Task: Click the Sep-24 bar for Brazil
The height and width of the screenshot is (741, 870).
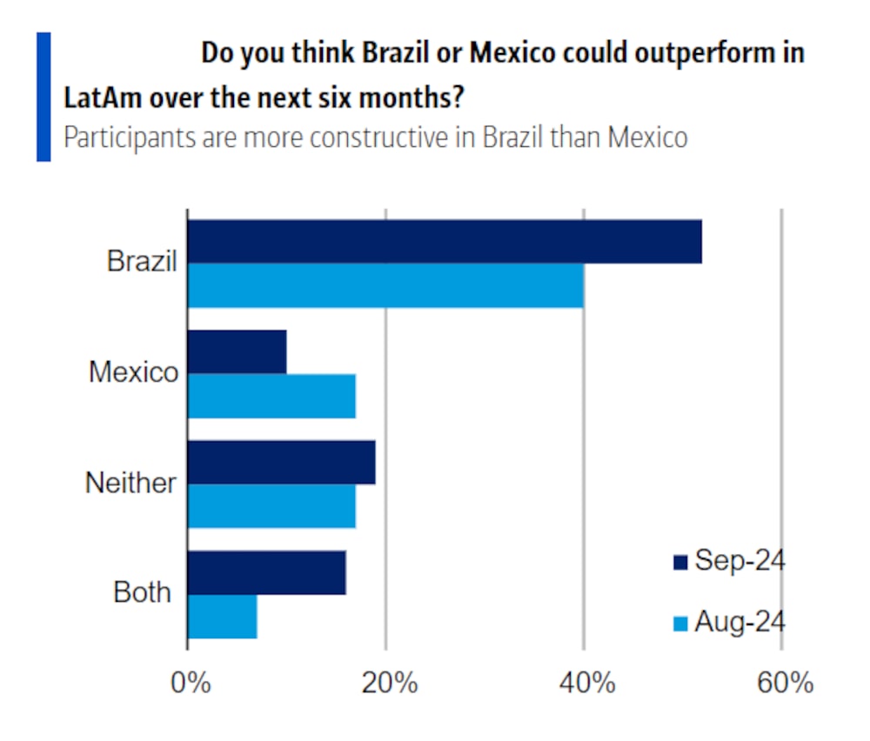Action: click(444, 242)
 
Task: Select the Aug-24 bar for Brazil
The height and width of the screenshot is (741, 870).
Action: click(385, 285)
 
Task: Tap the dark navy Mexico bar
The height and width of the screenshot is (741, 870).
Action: click(237, 352)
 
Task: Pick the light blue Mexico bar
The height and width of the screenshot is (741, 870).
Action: click(271, 396)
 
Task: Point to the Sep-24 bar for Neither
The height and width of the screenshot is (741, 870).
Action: click(281, 462)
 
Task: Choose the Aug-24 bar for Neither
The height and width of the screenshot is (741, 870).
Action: click(271, 505)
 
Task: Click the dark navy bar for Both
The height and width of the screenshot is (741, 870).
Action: click(266, 572)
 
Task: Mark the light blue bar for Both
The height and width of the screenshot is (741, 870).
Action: click(222, 616)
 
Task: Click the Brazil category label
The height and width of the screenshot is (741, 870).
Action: click(142, 261)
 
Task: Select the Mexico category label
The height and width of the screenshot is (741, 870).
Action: click(133, 372)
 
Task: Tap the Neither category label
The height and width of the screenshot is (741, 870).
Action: click(130, 483)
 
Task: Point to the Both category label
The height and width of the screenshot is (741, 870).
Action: click(142, 593)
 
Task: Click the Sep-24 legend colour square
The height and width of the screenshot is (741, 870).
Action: click(680, 563)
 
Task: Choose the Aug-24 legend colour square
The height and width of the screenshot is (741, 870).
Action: click(680, 624)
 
